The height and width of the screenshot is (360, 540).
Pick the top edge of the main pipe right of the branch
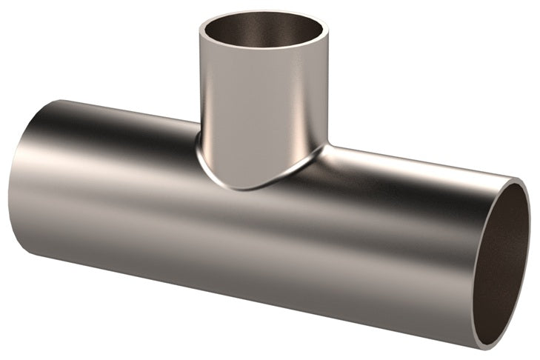(415, 161)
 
